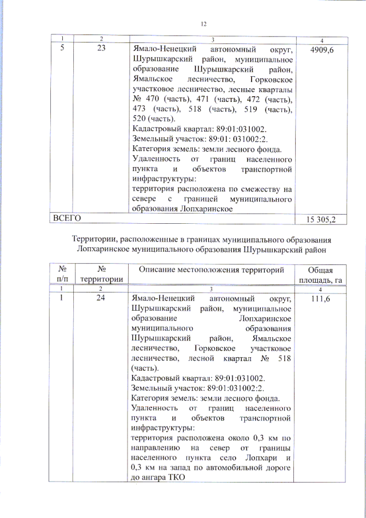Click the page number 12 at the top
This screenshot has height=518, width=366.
pyautogui.click(x=204, y=23)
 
